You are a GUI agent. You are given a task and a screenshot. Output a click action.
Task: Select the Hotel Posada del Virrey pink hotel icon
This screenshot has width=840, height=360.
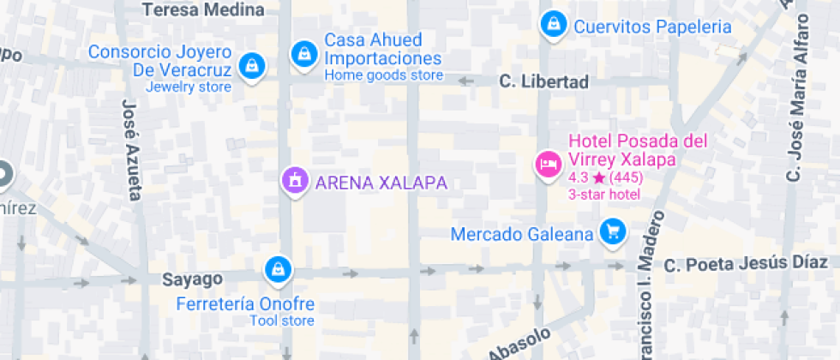(x=546, y=162)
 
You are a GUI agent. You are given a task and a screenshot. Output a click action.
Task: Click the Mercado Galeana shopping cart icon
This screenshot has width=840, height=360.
(x=612, y=231)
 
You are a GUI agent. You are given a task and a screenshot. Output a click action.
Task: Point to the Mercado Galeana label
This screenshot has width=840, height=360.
(x=522, y=234)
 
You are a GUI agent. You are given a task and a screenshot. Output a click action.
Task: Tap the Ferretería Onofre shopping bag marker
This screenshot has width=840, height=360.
(x=278, y=269)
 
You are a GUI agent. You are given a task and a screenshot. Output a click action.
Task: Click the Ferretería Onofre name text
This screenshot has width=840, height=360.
(x=246, y=304)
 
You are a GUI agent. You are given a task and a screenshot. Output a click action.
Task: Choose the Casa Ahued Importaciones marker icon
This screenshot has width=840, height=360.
(x=303, y=53)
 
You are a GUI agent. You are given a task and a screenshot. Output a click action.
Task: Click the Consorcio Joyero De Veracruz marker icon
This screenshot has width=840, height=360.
(x=251, y=65)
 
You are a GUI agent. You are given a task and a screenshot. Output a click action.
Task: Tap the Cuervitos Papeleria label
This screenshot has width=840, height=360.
(x=652, y=27)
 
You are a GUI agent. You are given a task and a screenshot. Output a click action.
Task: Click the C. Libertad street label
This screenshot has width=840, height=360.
(x=544, y=82)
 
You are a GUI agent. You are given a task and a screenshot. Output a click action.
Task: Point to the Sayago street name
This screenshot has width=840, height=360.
(x=193, y=279)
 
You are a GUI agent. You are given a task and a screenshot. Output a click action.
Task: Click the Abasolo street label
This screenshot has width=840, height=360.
(x=519, y=344)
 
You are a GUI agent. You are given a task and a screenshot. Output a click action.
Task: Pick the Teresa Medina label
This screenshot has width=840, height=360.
(x=203, y=10)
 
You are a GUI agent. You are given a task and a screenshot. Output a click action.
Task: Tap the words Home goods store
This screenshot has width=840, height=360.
(x=383, y=75)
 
